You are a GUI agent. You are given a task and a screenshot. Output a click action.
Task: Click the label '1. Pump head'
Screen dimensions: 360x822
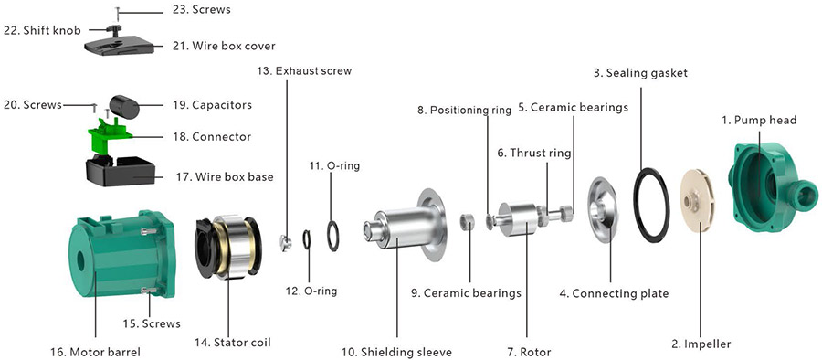coord(759,120)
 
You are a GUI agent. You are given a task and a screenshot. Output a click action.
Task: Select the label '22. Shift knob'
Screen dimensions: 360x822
coord(42,30)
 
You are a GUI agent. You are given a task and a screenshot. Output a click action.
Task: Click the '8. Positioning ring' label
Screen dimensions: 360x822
coord(464,110)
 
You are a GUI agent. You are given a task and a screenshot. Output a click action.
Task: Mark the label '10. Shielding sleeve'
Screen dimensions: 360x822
coord(397,351)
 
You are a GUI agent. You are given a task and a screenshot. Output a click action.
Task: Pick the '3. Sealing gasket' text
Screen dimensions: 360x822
coord(640,72)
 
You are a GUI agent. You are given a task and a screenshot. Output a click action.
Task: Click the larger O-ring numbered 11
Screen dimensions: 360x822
coord(333,236)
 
